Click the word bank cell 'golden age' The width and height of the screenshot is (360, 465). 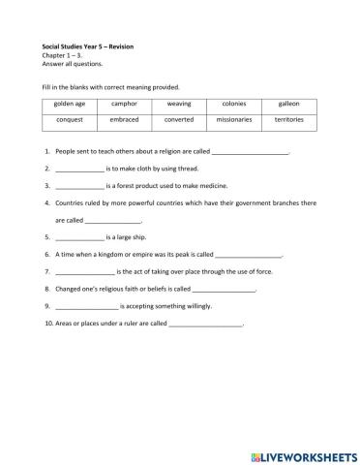(70, 102)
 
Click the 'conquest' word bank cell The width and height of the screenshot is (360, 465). (70, 120)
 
